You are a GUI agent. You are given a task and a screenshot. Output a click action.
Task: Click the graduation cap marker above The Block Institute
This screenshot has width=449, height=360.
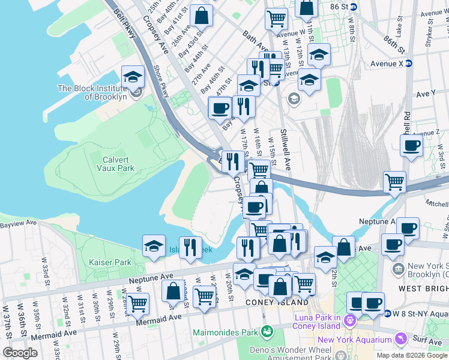(x=133, y=77)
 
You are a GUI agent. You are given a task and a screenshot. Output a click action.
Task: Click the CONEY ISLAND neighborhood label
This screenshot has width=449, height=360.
(x=270, y=303)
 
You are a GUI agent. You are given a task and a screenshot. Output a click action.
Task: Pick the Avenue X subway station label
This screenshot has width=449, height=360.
(x=387, y=64)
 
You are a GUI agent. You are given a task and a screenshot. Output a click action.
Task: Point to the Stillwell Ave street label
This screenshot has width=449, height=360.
(x=285, y=150)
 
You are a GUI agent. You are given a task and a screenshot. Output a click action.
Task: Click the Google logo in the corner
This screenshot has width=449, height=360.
(x=20, y=352)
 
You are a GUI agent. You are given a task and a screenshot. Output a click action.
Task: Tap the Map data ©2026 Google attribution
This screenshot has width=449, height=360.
(x=412, y=355)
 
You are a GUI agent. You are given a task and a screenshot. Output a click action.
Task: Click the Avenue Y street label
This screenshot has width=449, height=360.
(x=426, y=94)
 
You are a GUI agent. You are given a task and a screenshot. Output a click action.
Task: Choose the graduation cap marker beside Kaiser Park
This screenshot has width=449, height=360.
(x=154, y=246)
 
